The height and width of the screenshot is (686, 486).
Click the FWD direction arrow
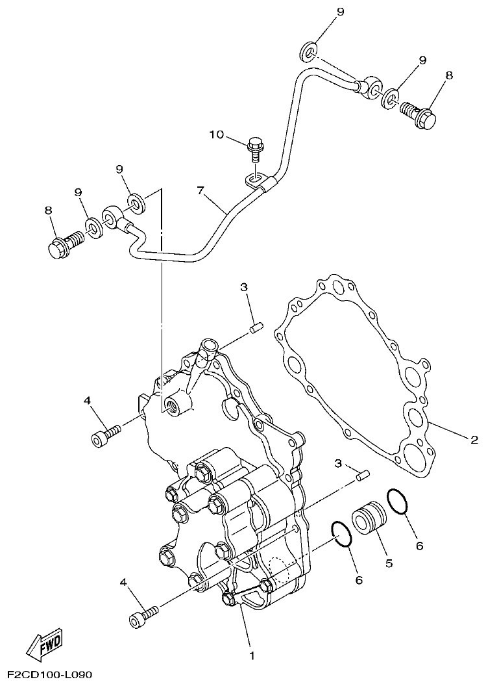[44, 644]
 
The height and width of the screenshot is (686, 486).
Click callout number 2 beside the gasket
[474, 440]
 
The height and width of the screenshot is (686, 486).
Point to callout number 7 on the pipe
[200, 190]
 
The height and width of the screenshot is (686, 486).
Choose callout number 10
[216, 134]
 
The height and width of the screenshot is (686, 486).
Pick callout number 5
[389, 563]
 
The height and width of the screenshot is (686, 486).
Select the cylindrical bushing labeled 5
[370, 520]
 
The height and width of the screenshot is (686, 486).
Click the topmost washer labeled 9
[309, 49]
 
